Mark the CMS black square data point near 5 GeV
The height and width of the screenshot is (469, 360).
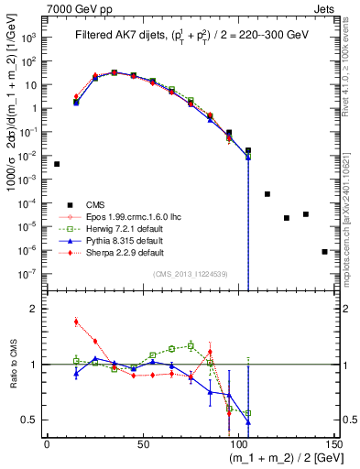57,164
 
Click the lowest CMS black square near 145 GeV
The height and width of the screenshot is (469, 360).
324,251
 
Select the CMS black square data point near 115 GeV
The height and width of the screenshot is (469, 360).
267,194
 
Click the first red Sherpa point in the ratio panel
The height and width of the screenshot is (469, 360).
76,322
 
